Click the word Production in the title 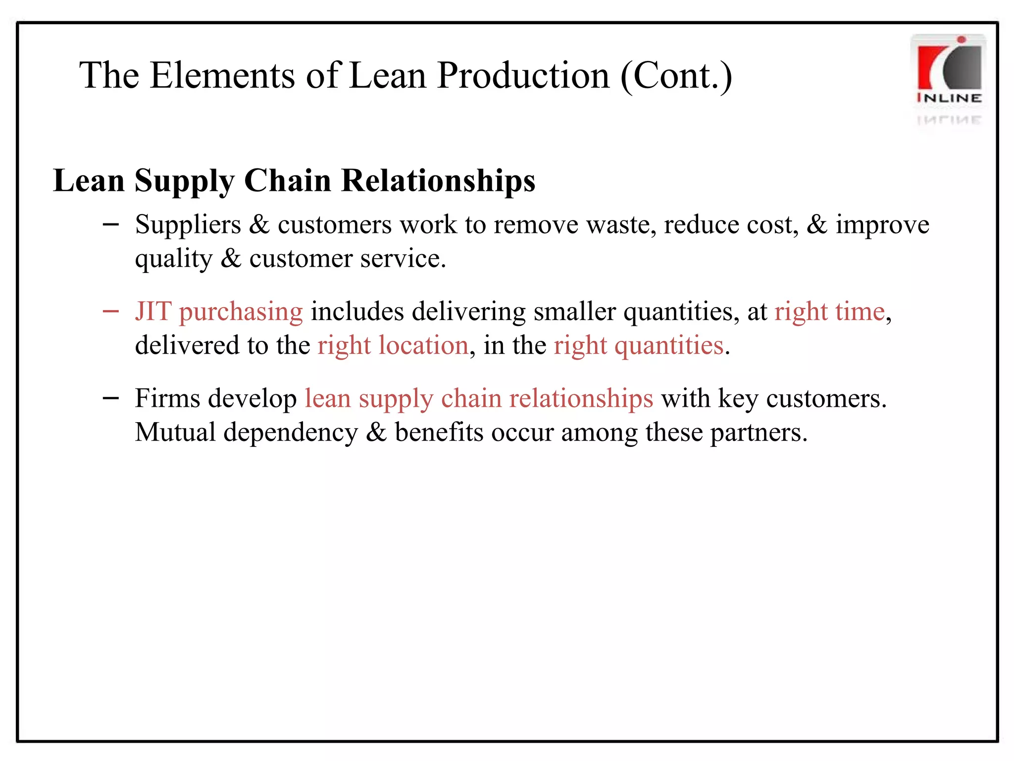coord(523,76)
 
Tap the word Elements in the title coord(222,76)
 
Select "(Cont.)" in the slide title coord(676,77)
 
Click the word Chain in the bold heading coord(287,180)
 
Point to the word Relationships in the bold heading coord(438,181)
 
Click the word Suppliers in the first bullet coord(188,225)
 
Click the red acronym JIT coord(153,312)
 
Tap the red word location coord(423,345)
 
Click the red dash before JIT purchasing coord(111,312)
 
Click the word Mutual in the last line coord(175,432)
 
